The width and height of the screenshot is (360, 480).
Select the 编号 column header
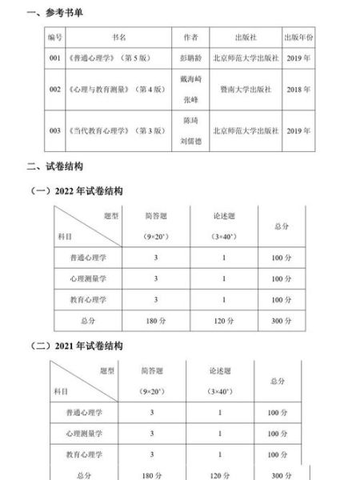coord(55,37)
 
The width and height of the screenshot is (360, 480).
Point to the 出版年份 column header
coord(300,37)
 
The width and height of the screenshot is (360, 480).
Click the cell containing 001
coord(55,59)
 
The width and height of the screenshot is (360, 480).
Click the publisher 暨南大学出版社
coord(246,90)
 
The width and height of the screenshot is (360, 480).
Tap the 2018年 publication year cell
coord(300,90)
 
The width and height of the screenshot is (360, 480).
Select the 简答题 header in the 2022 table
coord(152,216)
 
